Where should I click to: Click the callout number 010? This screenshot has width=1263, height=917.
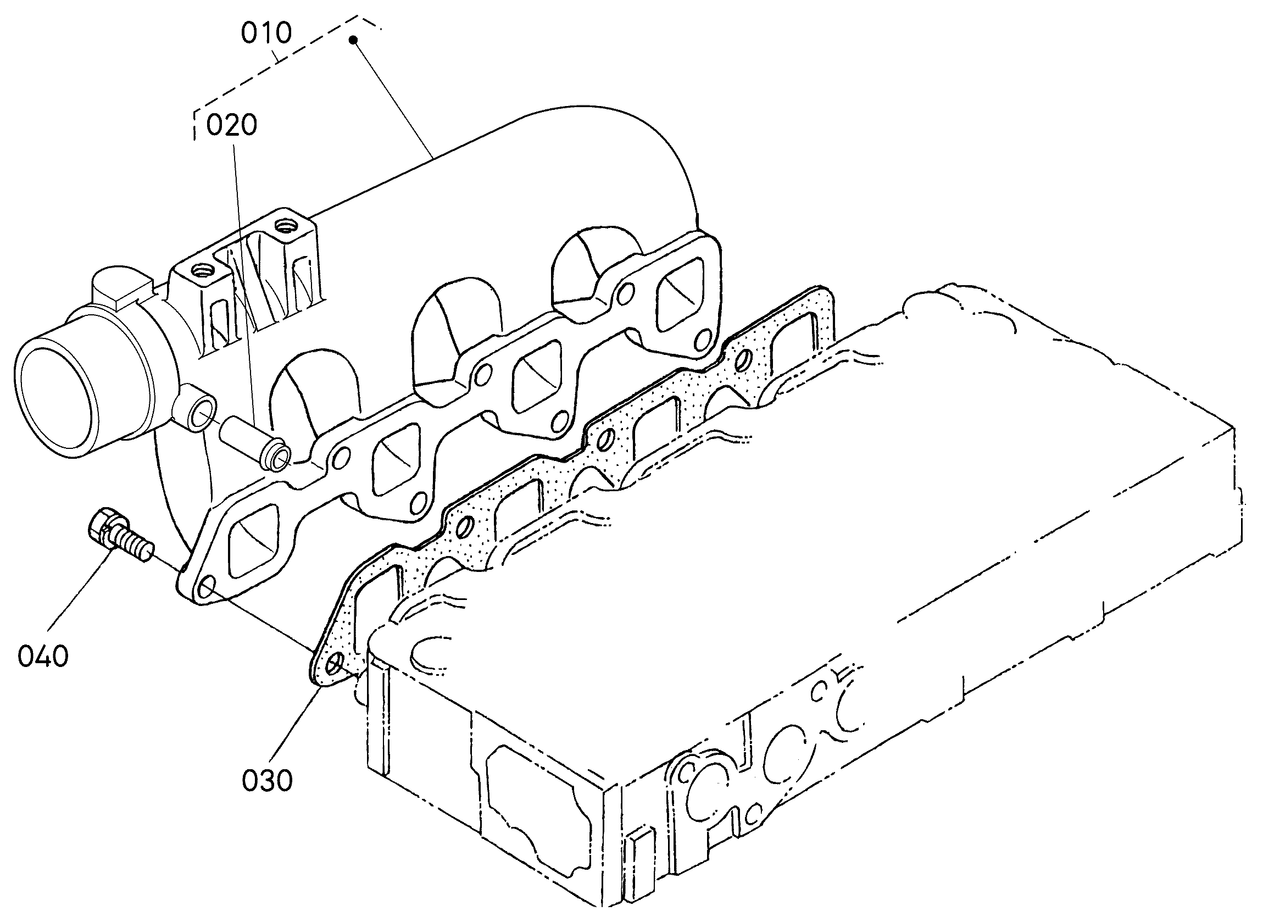(266, 34)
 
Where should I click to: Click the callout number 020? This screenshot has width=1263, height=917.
(232, 125)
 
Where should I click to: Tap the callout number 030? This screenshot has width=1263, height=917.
(268, 780)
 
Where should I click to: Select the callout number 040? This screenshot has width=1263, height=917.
(43, 656)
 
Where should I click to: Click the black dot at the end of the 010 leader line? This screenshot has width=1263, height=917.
(353, 40)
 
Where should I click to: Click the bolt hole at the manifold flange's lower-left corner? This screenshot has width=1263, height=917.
(207, 586)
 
